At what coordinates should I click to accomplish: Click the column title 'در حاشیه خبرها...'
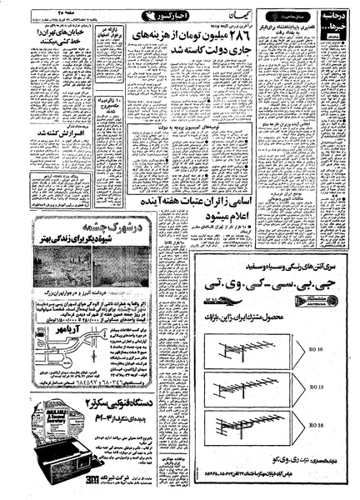(x=338, y=24)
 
